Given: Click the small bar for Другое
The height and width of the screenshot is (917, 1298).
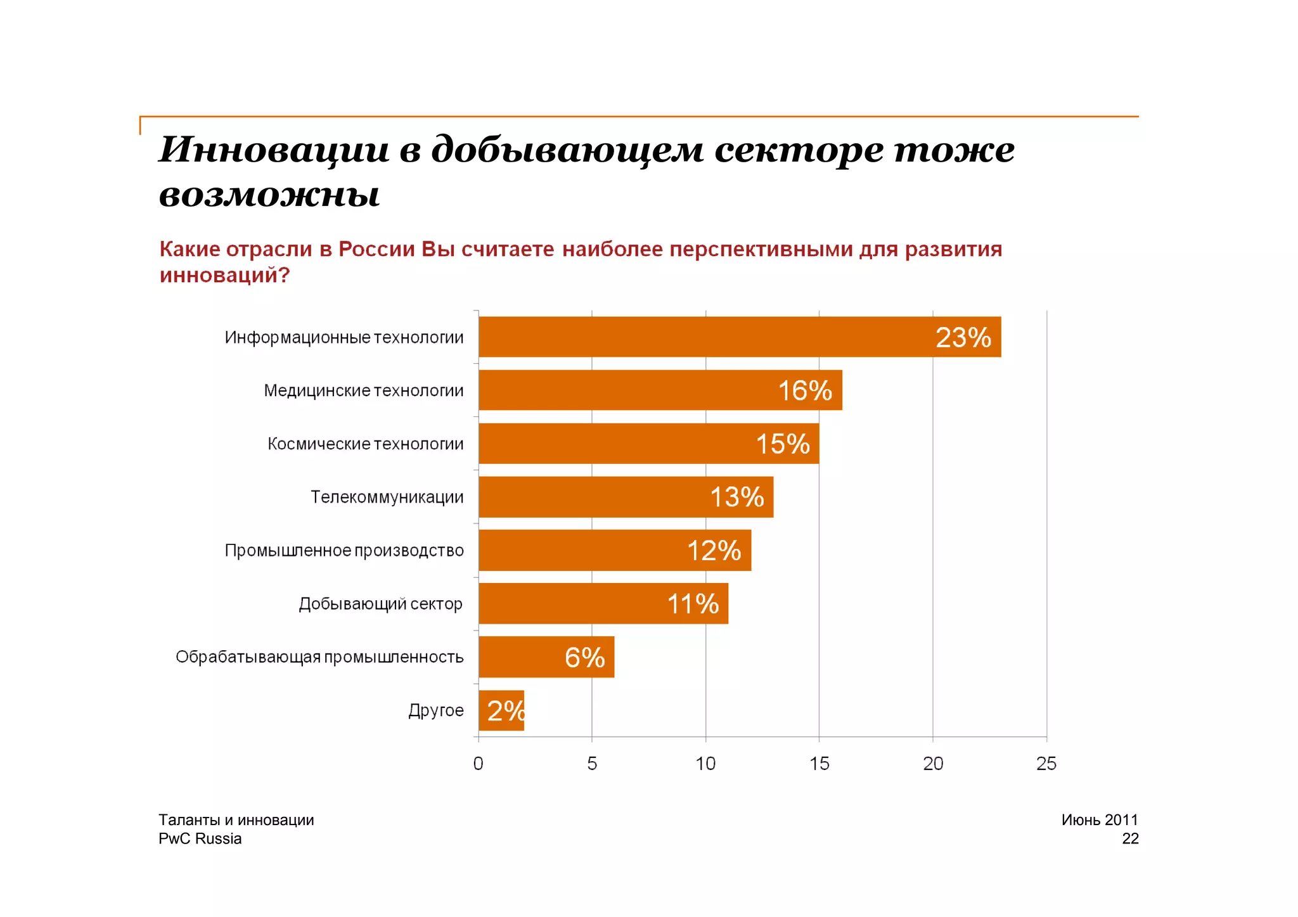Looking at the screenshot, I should tap(501, 710).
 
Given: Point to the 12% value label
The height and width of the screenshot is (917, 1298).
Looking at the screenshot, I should tap(714, 551).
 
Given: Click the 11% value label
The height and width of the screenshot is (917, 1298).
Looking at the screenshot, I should tap(693, 604).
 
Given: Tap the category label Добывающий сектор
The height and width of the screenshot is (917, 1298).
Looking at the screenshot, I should tap(380, 604).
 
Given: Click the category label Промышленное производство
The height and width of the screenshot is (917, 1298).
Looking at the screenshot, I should tap(344, 551).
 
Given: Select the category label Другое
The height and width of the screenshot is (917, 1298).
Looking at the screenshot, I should tap(435, 710).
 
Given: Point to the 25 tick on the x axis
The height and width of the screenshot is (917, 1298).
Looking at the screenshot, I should tap(1046, 764).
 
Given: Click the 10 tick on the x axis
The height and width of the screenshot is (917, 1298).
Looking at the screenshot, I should tap(705, 764).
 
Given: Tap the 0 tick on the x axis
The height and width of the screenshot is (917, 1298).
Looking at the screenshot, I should tap(479, 764).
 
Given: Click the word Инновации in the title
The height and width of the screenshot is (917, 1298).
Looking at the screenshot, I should tap(274, 150).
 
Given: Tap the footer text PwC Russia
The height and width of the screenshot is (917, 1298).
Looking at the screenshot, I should tap(200, 838).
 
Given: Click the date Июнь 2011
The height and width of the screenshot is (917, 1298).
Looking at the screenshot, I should tap(1099, 819).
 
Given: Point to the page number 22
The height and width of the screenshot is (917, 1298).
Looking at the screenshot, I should tap(1129, 838).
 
